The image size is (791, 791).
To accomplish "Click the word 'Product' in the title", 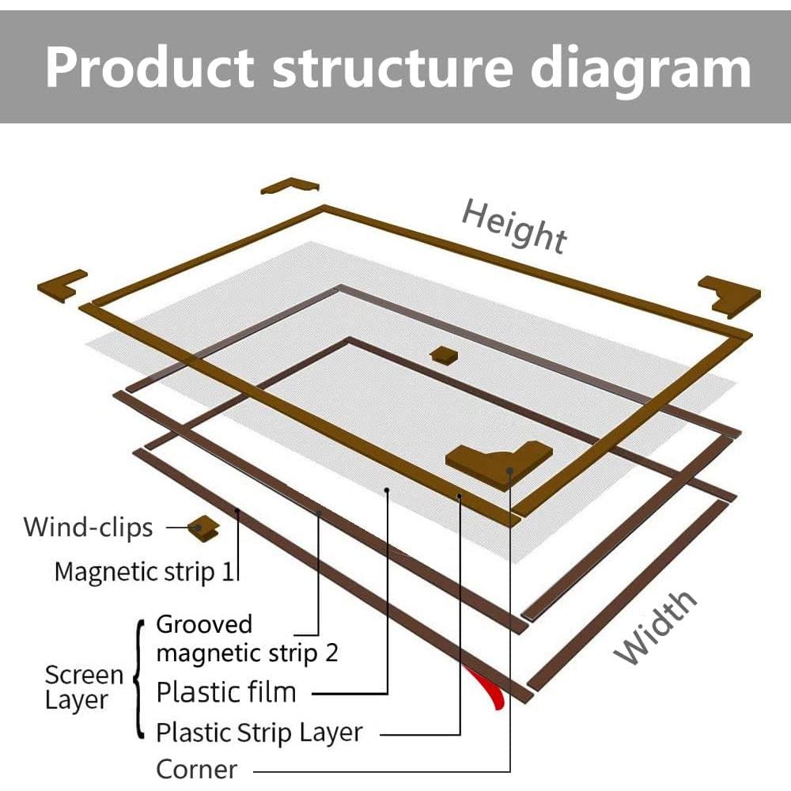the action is [149, 67].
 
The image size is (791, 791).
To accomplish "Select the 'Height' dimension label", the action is [514, 225].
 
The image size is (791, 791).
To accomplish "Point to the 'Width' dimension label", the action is [655, 627].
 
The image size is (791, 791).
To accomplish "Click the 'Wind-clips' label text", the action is [89, 528].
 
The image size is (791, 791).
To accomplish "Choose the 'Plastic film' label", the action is [226, 692].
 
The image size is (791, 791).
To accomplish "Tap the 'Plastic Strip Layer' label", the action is [259, 733].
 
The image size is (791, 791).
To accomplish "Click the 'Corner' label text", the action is [197, 770].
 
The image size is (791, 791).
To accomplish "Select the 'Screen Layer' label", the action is [84, 687].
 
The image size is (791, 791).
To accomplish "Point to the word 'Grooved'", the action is [204, 625].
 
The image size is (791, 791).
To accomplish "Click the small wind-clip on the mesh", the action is [444, 354].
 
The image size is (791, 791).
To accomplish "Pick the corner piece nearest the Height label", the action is [290, 186].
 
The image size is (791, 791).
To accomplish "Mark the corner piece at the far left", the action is [62, 286].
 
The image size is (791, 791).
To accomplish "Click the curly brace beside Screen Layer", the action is [140, 679].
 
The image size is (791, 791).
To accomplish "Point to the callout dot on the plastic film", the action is [387, 490].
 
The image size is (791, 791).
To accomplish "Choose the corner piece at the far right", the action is [729, 296].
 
